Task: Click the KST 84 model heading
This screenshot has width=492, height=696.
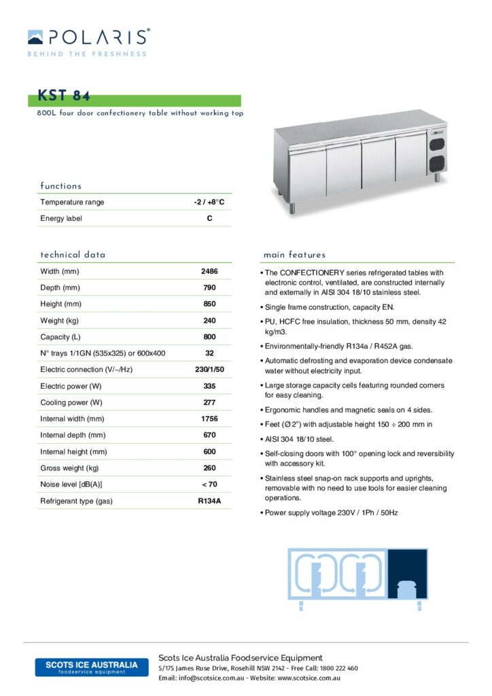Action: [65, 96]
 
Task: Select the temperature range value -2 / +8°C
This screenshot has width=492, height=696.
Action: [209, 203]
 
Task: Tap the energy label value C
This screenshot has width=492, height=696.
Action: [209, 219]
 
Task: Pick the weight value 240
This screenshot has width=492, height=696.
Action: [209, 321]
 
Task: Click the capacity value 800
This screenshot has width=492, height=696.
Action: [209, 337]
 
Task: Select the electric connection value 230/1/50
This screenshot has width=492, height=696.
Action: [209, 370]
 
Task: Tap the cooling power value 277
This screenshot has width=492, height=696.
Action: [209, 402]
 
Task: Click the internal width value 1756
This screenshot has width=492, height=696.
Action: [209, 419]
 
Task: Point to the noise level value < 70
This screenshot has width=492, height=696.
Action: [209, 485]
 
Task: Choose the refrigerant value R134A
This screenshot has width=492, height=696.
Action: [209, 502]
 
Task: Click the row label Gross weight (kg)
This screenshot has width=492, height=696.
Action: [70, 468]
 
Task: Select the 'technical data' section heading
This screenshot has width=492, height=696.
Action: [73, 255]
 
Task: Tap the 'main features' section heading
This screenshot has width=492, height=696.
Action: [294, 255]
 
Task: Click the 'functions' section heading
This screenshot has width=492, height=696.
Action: [60, 186]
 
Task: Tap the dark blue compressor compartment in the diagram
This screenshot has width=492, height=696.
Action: [407, 575]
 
